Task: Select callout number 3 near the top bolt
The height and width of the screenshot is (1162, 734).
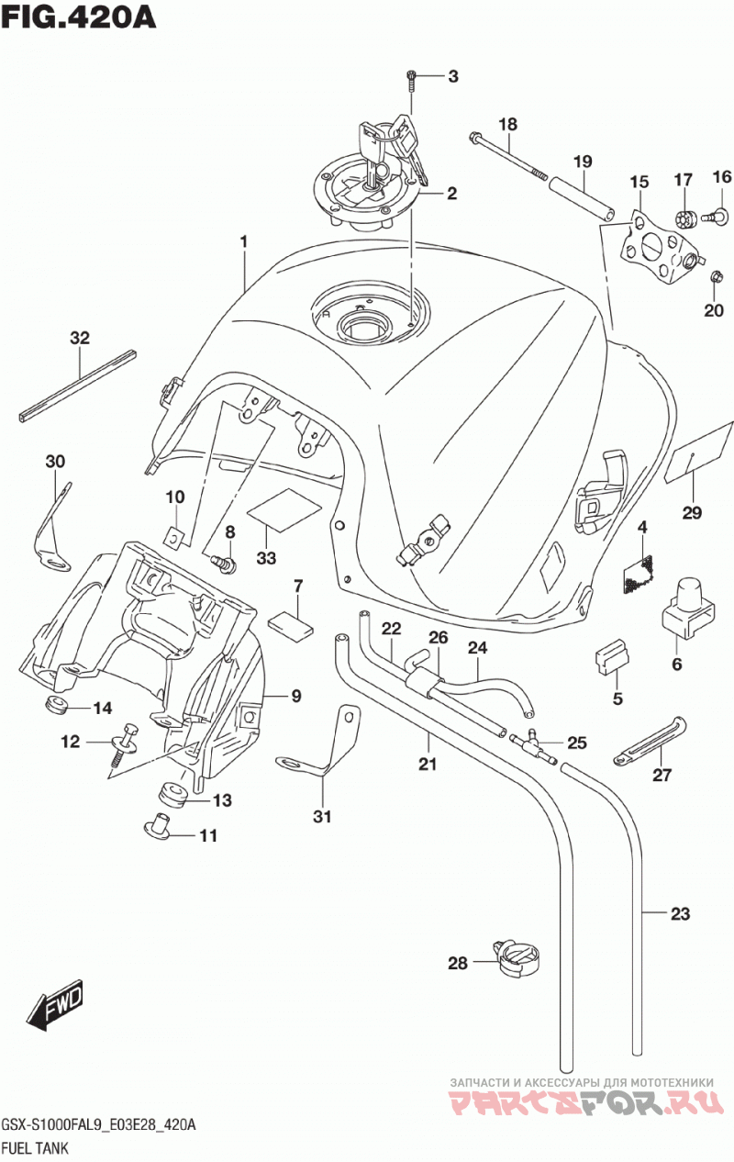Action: tap(453, 77)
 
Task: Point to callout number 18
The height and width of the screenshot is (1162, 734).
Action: tap(507, 125)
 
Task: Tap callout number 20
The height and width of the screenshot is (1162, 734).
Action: tap(713, 310)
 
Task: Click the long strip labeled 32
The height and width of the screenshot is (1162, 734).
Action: tap(78, 387)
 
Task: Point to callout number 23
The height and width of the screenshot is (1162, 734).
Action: tap(680, 913)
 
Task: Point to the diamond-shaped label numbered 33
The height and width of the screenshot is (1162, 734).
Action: tap(284, 510)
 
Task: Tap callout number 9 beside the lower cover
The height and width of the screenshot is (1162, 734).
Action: tap(295, 696)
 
